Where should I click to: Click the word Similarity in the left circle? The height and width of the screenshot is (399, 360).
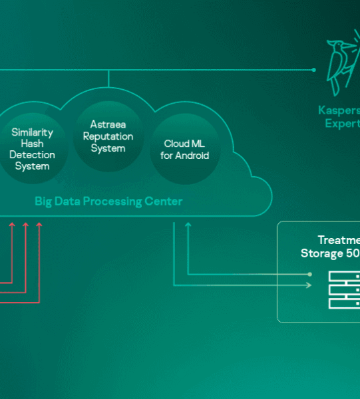(x=32, y=132)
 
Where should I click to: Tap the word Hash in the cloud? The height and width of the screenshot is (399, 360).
(x=32, y=143)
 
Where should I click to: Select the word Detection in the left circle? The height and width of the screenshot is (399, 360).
(x=32, y=154)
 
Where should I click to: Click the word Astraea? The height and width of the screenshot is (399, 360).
(x=108, y=124)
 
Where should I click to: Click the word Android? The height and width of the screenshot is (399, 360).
(x=192, y=156)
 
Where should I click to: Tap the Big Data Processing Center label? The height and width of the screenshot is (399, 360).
(x=108, y=201)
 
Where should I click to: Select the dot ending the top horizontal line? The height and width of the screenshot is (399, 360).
(x=314, y=69)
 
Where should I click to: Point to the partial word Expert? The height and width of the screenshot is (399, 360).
(x=342, y=124)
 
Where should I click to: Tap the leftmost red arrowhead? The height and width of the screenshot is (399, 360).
(x=12, y=227)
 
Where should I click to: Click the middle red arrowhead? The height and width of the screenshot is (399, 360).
(x=25, y=227)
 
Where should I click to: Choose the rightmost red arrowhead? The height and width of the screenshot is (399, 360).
(x=39, y=227)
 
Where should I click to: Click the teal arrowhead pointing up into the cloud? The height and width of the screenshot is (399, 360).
(x=188, y=227)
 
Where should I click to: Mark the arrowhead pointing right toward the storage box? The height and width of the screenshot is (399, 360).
(x=309, y=285)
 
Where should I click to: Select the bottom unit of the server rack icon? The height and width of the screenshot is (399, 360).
(x=344, y=303)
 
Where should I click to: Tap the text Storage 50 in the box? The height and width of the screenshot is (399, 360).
(x=330, y=253)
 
